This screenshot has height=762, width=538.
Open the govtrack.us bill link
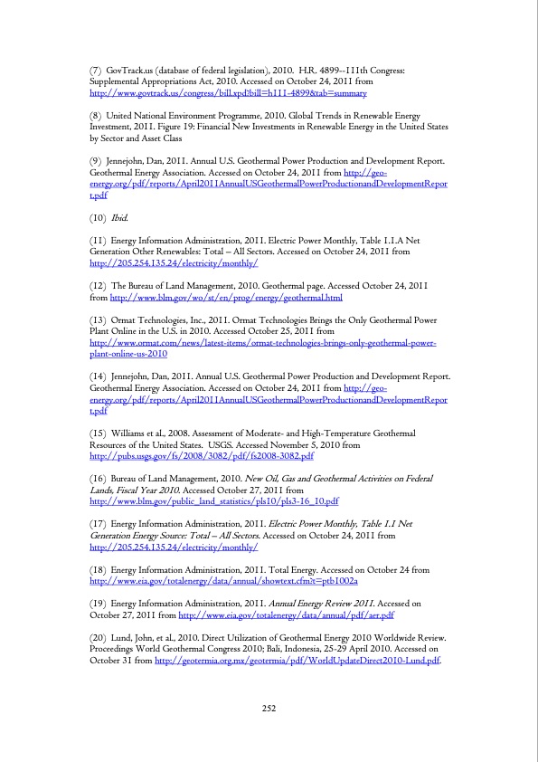point(227,93)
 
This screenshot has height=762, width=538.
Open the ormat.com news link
point(263,344)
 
